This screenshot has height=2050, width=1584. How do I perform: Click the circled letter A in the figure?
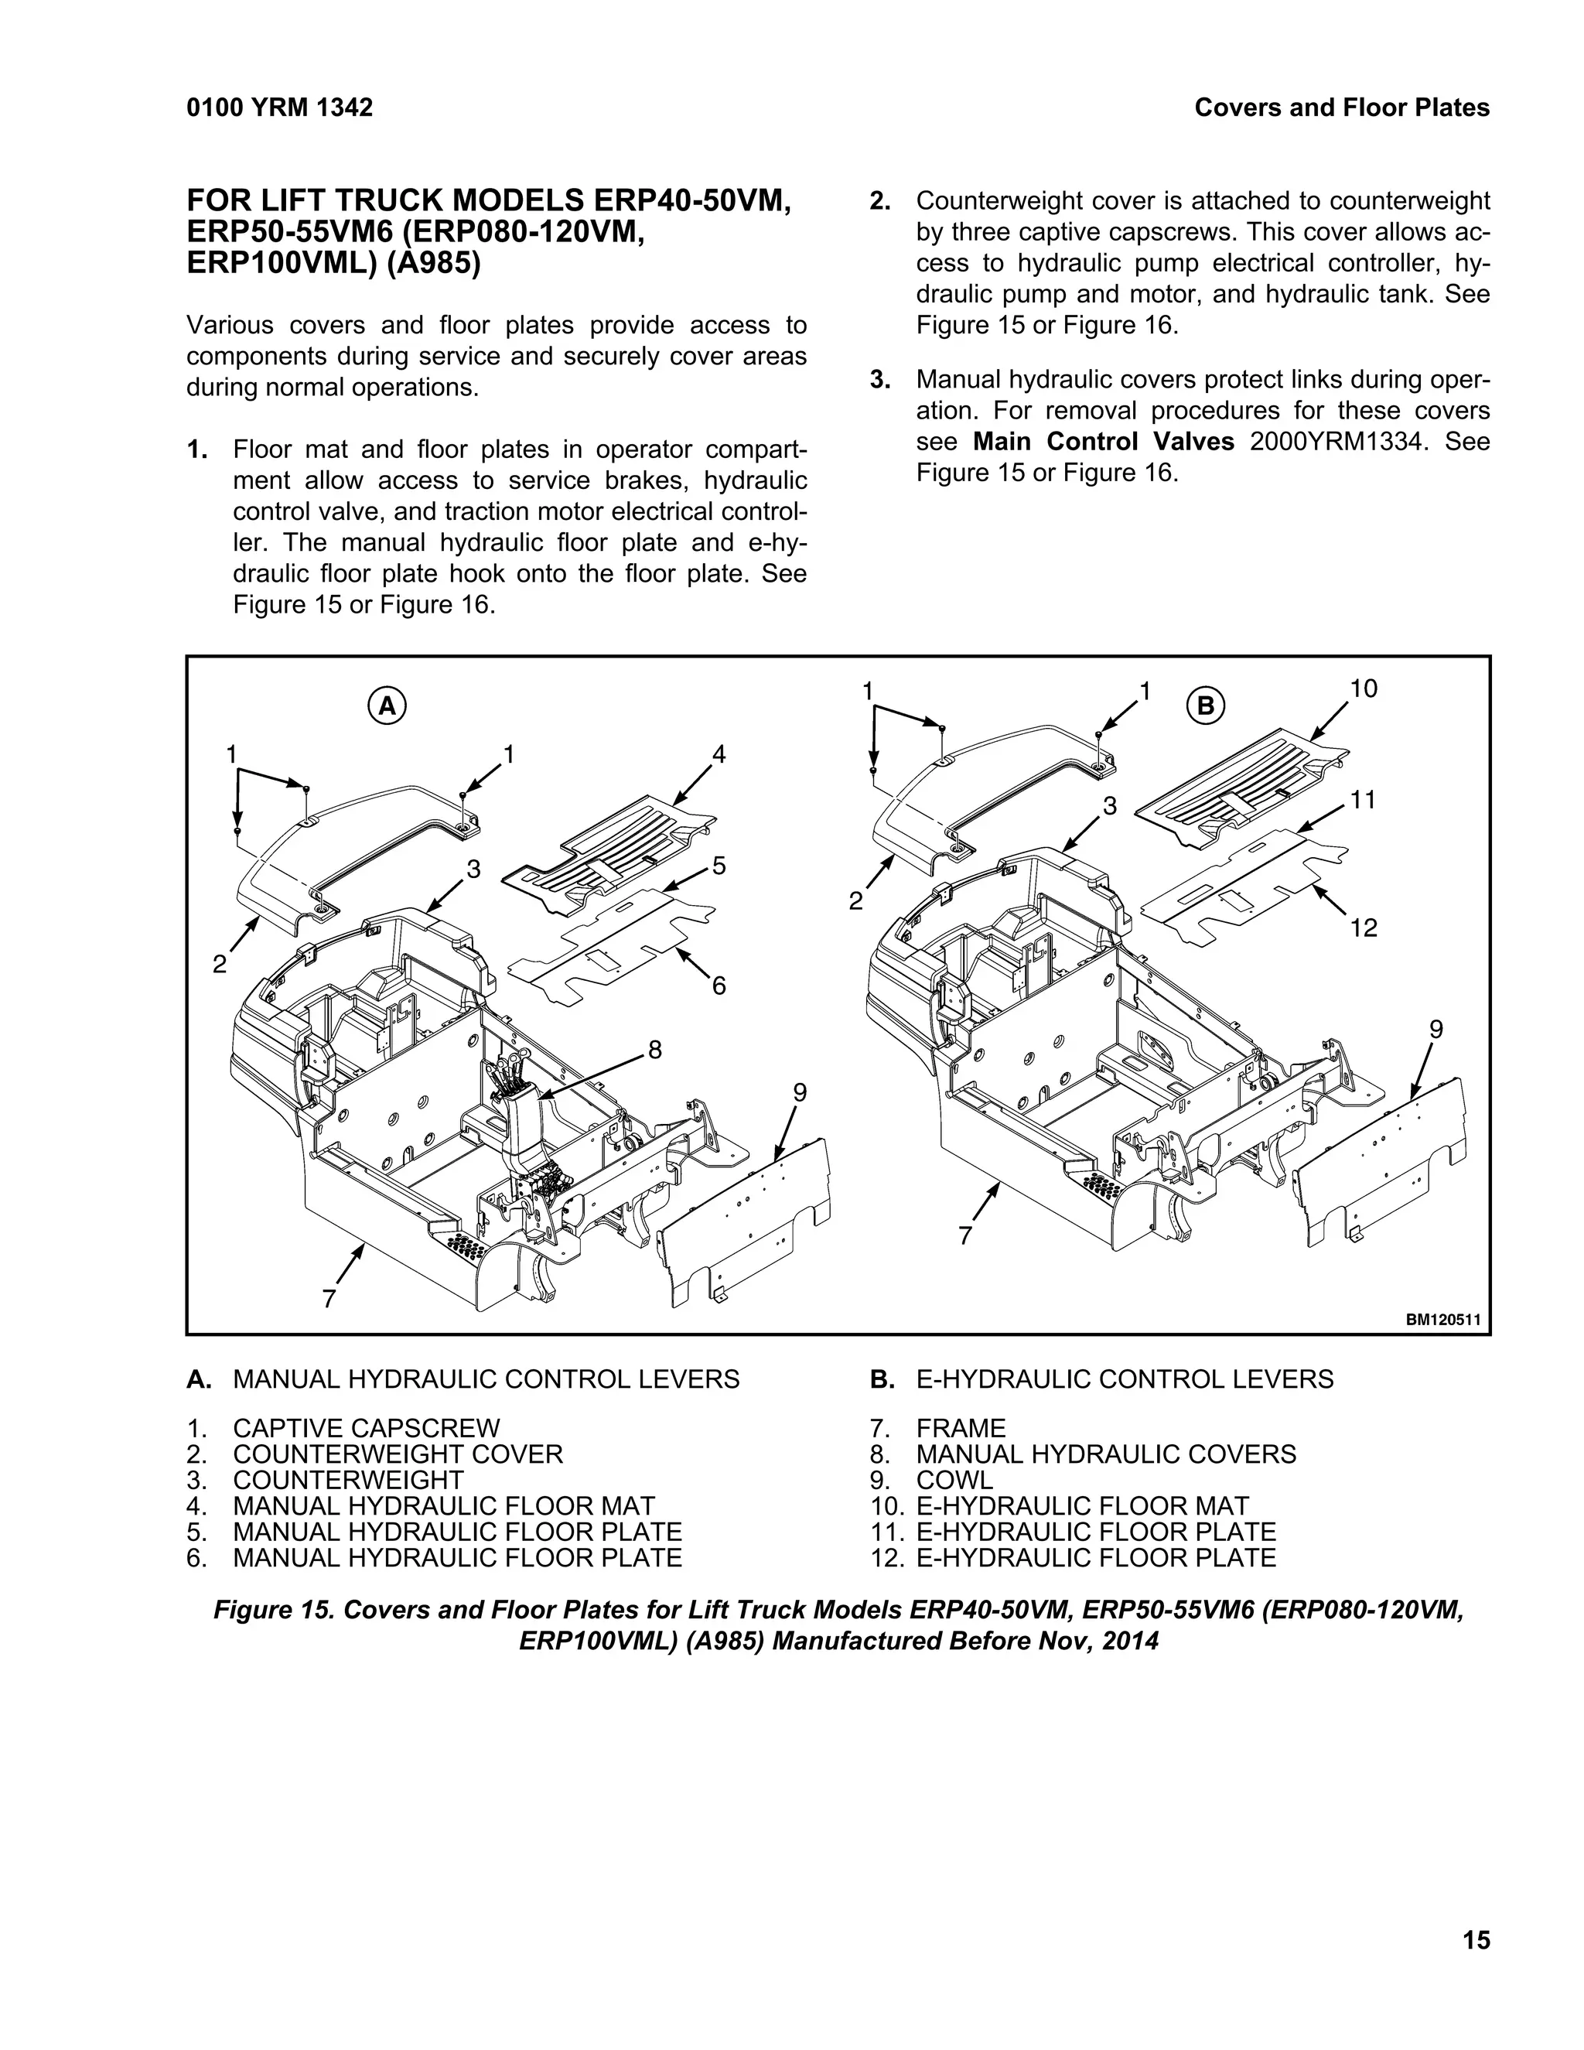387,706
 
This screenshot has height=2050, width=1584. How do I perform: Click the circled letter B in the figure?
1206,705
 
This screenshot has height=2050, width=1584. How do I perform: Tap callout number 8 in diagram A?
655,1050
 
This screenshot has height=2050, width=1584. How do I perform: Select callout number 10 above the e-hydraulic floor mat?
1363,689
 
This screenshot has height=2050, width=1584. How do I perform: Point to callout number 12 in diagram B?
1364,928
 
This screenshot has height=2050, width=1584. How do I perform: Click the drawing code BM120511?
1442,1320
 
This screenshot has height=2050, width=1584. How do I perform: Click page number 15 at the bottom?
1475,1940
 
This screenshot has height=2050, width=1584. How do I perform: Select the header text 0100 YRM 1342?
280,108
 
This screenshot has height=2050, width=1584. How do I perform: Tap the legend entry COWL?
954,1480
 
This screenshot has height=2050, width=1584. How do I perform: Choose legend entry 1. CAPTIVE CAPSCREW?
366,1429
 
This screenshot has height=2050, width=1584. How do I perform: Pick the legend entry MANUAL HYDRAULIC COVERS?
1105,1454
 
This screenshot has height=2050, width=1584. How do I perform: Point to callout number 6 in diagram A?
719,986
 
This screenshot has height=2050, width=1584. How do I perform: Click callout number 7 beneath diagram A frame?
329,1299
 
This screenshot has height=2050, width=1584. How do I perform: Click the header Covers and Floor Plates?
1341,108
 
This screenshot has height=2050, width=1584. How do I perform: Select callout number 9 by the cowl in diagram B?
1435,1030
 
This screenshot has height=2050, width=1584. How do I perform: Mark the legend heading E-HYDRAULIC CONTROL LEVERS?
1124,1379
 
